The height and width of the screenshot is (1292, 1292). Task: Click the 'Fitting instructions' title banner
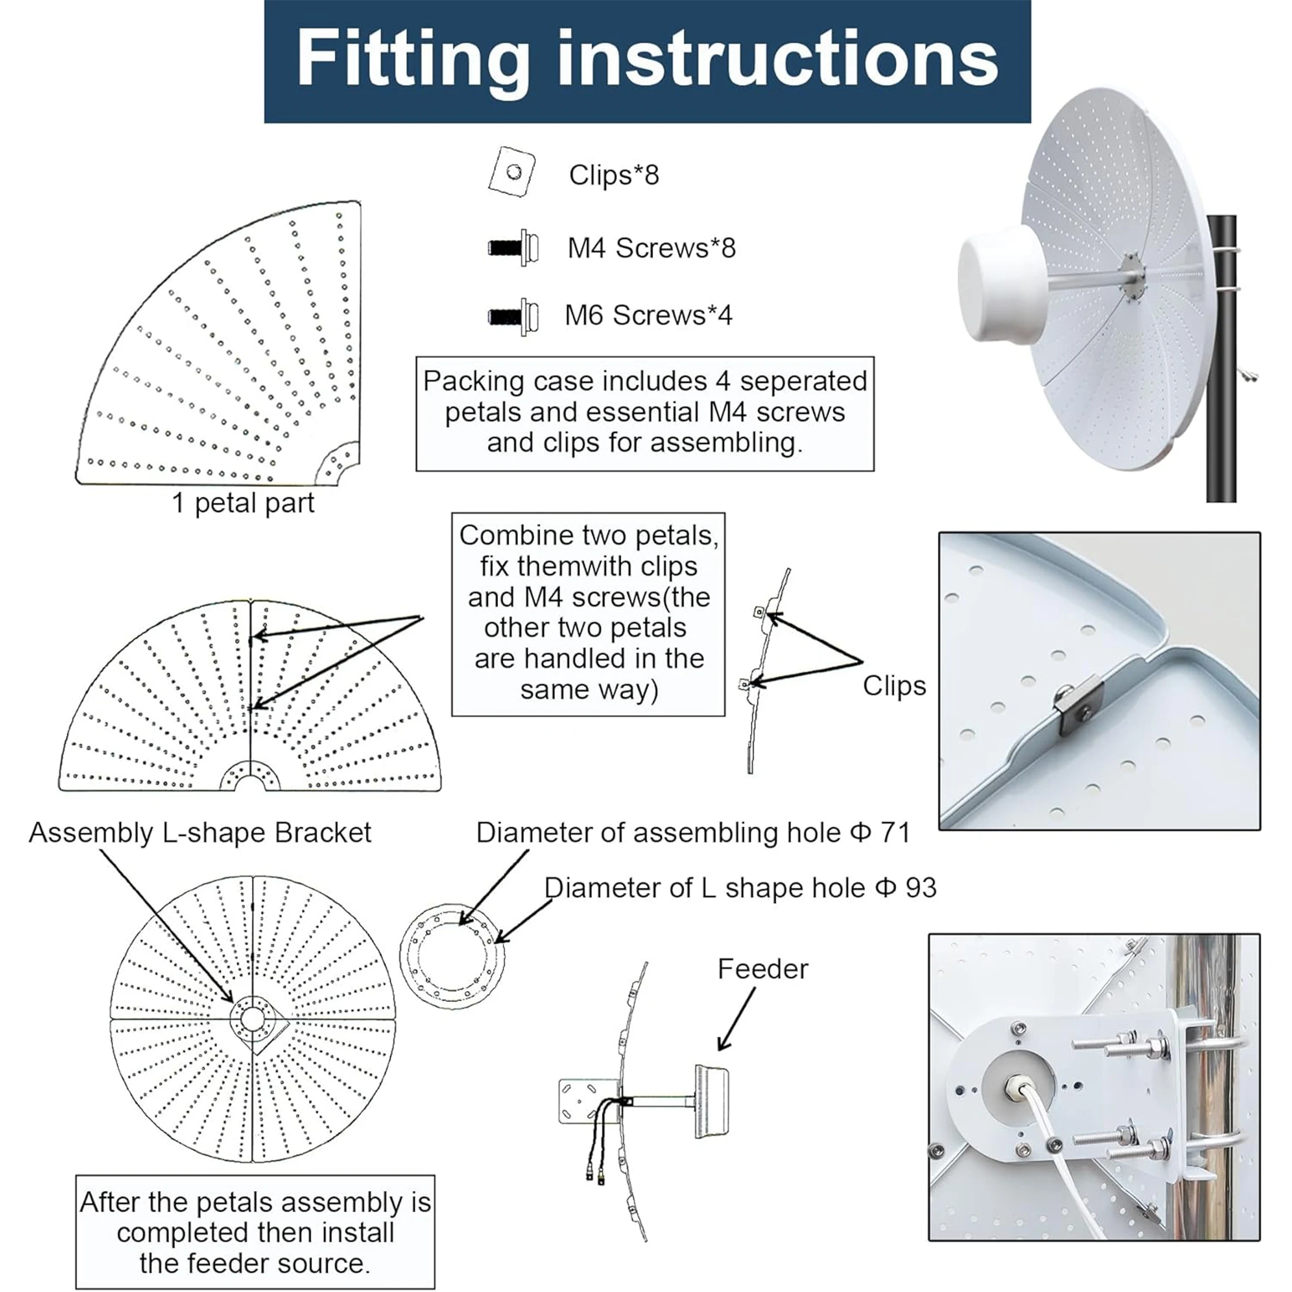tap(647, 61)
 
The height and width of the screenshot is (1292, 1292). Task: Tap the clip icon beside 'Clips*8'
tap(512, 171)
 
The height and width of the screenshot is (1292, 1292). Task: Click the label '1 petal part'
tap(243, 503)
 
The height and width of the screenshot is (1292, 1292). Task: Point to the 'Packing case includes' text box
tap(645, 413)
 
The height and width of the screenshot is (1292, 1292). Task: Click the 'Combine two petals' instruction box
tap(588, 614)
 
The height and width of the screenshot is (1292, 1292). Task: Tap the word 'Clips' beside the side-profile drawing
tap(894, 685)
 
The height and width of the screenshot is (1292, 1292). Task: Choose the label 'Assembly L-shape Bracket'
tap(200, 833)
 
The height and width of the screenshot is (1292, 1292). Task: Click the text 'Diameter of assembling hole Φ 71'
tap(693, 833)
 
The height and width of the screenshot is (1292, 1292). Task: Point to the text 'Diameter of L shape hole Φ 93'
tap(741, 887)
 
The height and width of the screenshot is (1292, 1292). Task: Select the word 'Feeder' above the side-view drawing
tap(762, 969)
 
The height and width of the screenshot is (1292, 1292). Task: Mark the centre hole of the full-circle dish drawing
tap(251, 1019)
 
